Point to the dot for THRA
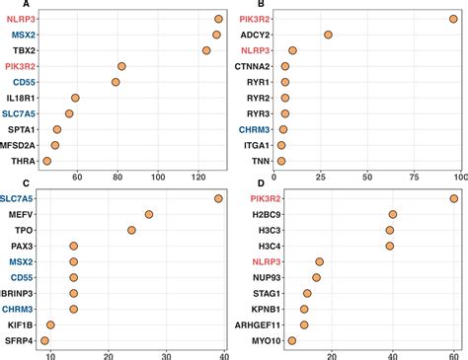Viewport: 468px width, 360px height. point(46,160)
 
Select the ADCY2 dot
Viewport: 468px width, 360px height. point(329,35)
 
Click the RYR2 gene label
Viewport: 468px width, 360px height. point(257,98)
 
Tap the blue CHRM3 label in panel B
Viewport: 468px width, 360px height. point(254,129)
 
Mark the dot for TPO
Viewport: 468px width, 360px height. point(131,230)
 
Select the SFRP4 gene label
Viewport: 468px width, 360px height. point(19,340)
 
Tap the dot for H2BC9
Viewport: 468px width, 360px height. point(393,214)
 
